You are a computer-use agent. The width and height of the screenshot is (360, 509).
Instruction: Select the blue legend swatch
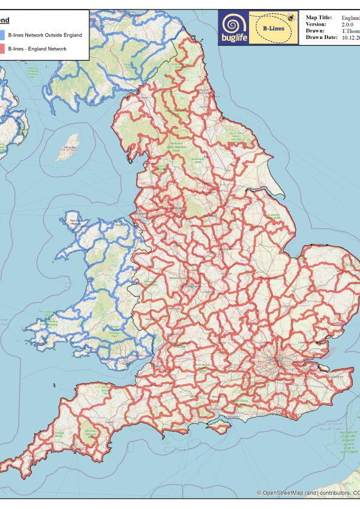[x=3, y=35]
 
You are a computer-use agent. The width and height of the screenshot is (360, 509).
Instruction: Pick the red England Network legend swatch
[x=3, y=47]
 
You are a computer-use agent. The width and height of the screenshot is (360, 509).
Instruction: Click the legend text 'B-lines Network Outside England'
[x=45, y=35]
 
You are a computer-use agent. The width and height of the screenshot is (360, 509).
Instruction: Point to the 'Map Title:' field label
[x=319, y=18]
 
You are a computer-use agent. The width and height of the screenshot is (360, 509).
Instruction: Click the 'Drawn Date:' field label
[x=322, y=37]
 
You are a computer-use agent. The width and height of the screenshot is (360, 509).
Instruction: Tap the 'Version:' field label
[x=316, y=25]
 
